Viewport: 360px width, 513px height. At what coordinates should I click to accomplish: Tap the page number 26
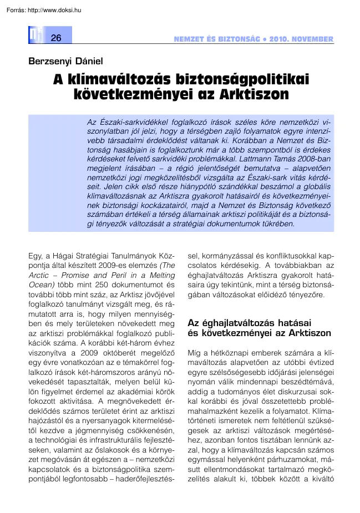(55, 38)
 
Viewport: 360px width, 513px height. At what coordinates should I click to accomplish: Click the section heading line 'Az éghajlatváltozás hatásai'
(249, 323)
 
